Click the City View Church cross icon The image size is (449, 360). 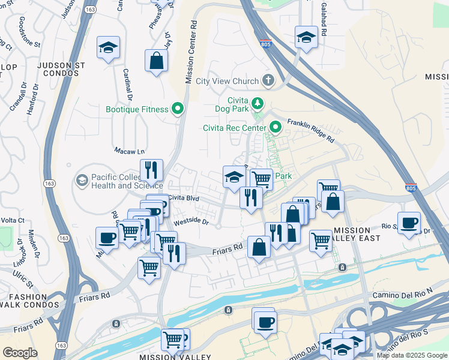268,80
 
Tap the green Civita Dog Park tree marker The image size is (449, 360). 258,103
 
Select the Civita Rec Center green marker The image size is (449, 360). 276,127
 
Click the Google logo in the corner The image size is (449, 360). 20,353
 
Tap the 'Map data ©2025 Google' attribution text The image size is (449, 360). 412,355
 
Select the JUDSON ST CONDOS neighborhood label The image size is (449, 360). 58,68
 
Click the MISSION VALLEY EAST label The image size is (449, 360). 357,235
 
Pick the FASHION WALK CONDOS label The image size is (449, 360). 28,301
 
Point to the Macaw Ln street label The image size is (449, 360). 130,151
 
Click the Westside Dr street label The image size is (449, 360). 191,221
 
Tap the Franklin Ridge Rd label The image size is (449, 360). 310,129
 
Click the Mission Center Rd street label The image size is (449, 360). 191,53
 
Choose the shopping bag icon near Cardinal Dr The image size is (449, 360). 156,61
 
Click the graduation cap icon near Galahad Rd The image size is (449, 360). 306,38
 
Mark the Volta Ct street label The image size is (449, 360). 12,220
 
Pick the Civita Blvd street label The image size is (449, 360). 184,197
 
